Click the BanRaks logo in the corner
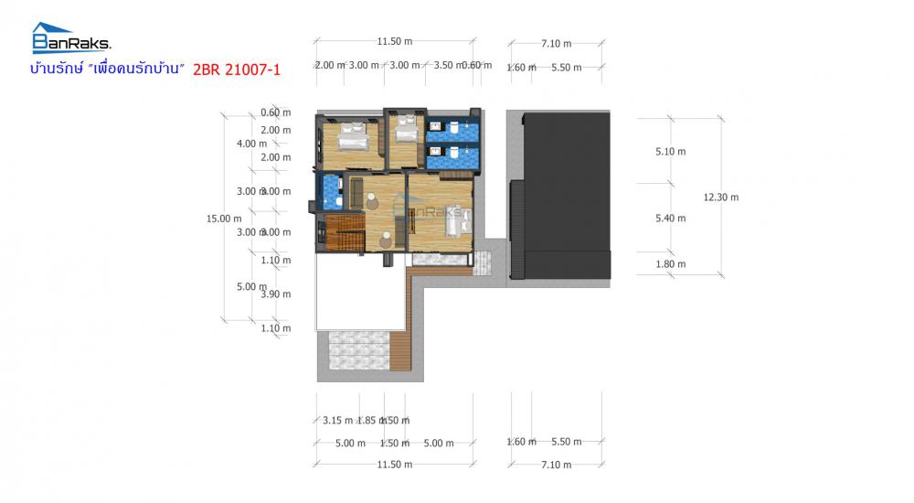(70, 38)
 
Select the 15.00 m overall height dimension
(224, 218)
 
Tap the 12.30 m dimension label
(721, 197)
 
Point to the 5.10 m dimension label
(670, 152)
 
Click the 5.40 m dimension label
(670, 218)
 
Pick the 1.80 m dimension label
(670, 264)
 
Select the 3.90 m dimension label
(274, 294)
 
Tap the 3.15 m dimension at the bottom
(338, 421)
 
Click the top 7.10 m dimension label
(556, 43)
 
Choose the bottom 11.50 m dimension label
(394, 465)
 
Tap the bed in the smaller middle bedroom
(404, 134)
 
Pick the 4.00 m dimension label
(251, 144)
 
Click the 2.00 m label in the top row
(330, 65)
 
